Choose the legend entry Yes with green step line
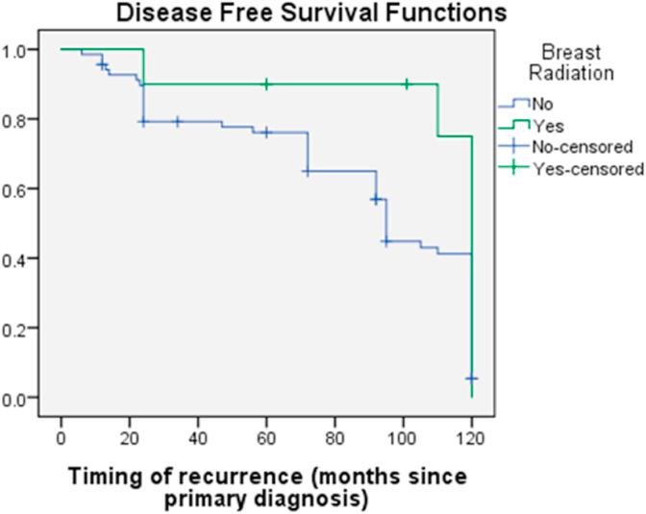(x=548, y=125)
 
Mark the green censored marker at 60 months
(x=266, y=84)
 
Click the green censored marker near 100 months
(x=407, y=84)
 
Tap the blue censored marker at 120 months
(x=471, y=379)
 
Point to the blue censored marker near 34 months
(x=177, y=122)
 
